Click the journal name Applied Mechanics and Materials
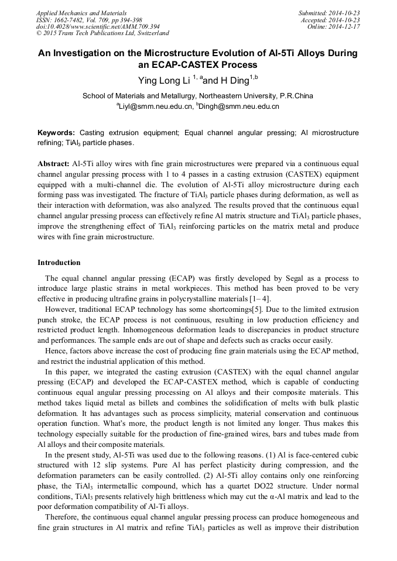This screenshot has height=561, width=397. (x=81, y=13)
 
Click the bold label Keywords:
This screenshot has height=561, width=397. (x=56, y=133)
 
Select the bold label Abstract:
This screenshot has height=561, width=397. (x=53, y=163)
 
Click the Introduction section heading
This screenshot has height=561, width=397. (x=59, y=263)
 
